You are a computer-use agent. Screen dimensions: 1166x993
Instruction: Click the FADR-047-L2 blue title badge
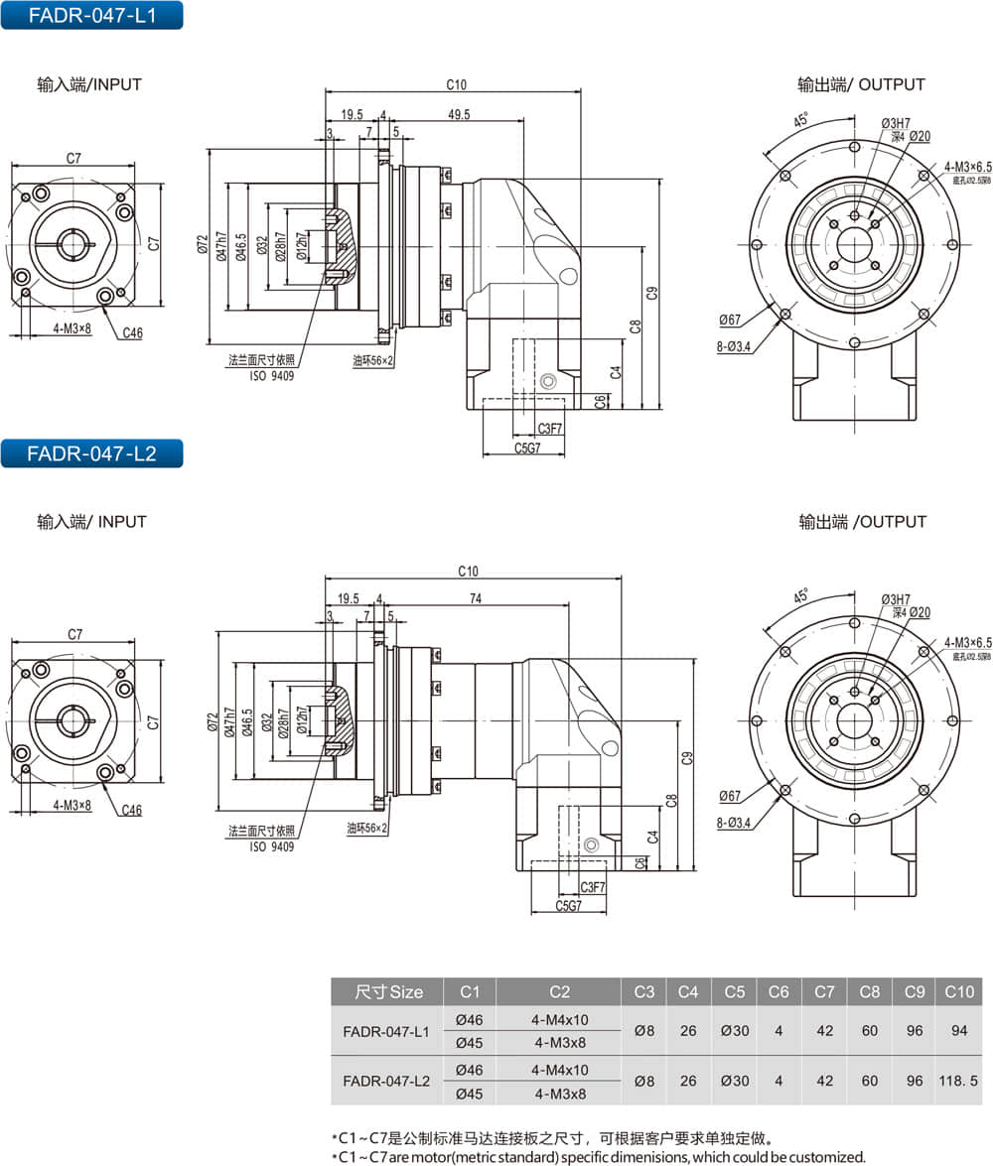91,453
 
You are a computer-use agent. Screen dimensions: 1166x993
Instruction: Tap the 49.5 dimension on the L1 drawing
459,115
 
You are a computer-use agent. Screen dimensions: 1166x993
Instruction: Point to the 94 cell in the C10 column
958,1031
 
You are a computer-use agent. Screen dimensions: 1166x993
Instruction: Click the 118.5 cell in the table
958,1081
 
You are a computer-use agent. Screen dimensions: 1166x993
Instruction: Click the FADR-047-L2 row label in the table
386,1081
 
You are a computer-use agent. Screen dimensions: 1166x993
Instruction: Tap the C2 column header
559,991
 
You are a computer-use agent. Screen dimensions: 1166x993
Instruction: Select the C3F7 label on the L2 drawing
593,886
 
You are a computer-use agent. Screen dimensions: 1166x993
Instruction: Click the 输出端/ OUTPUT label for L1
860,85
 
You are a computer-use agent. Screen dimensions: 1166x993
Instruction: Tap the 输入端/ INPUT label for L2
91,522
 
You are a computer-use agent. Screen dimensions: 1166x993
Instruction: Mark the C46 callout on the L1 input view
132,333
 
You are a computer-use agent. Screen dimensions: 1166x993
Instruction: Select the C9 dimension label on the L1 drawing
651,293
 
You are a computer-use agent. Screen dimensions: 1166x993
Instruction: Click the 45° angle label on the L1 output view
799,121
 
